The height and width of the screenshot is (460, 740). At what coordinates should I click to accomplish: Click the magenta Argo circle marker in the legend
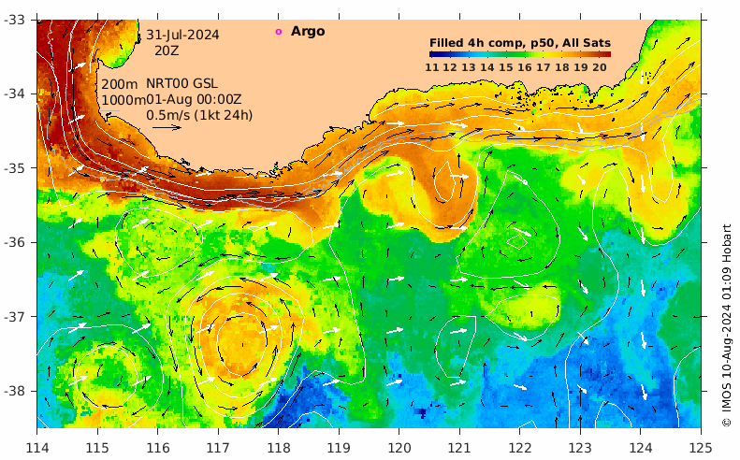pyautogui.click(x=278, y=32)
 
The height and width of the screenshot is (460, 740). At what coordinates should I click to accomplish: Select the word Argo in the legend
pyautogui.click(x=308, y=32)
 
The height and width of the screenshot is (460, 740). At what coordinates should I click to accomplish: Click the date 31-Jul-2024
pyautogui.click(x=182, y=35)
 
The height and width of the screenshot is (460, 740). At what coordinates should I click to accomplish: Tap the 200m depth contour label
pyautogui.click(x=119, y=84)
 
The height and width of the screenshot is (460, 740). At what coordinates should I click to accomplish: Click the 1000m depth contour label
pyautogui.click(x=122, y=100)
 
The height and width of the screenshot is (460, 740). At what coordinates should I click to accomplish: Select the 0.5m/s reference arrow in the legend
pyautogui.click(x=166, y=127)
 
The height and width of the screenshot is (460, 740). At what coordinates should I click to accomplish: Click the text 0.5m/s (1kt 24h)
pyautogui.click(x=198, y=115)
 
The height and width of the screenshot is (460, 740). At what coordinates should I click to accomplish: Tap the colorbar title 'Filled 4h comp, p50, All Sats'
pyautogui.click(x=520, y=43)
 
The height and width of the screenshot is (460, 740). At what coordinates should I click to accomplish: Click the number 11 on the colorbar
pyautogui.click(x=432, y=66)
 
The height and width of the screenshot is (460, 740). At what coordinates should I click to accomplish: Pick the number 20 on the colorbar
pyautogui.click(x=600, y=66)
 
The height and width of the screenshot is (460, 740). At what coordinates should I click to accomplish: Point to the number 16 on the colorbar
pyautogui.click(x=525, y=66)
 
